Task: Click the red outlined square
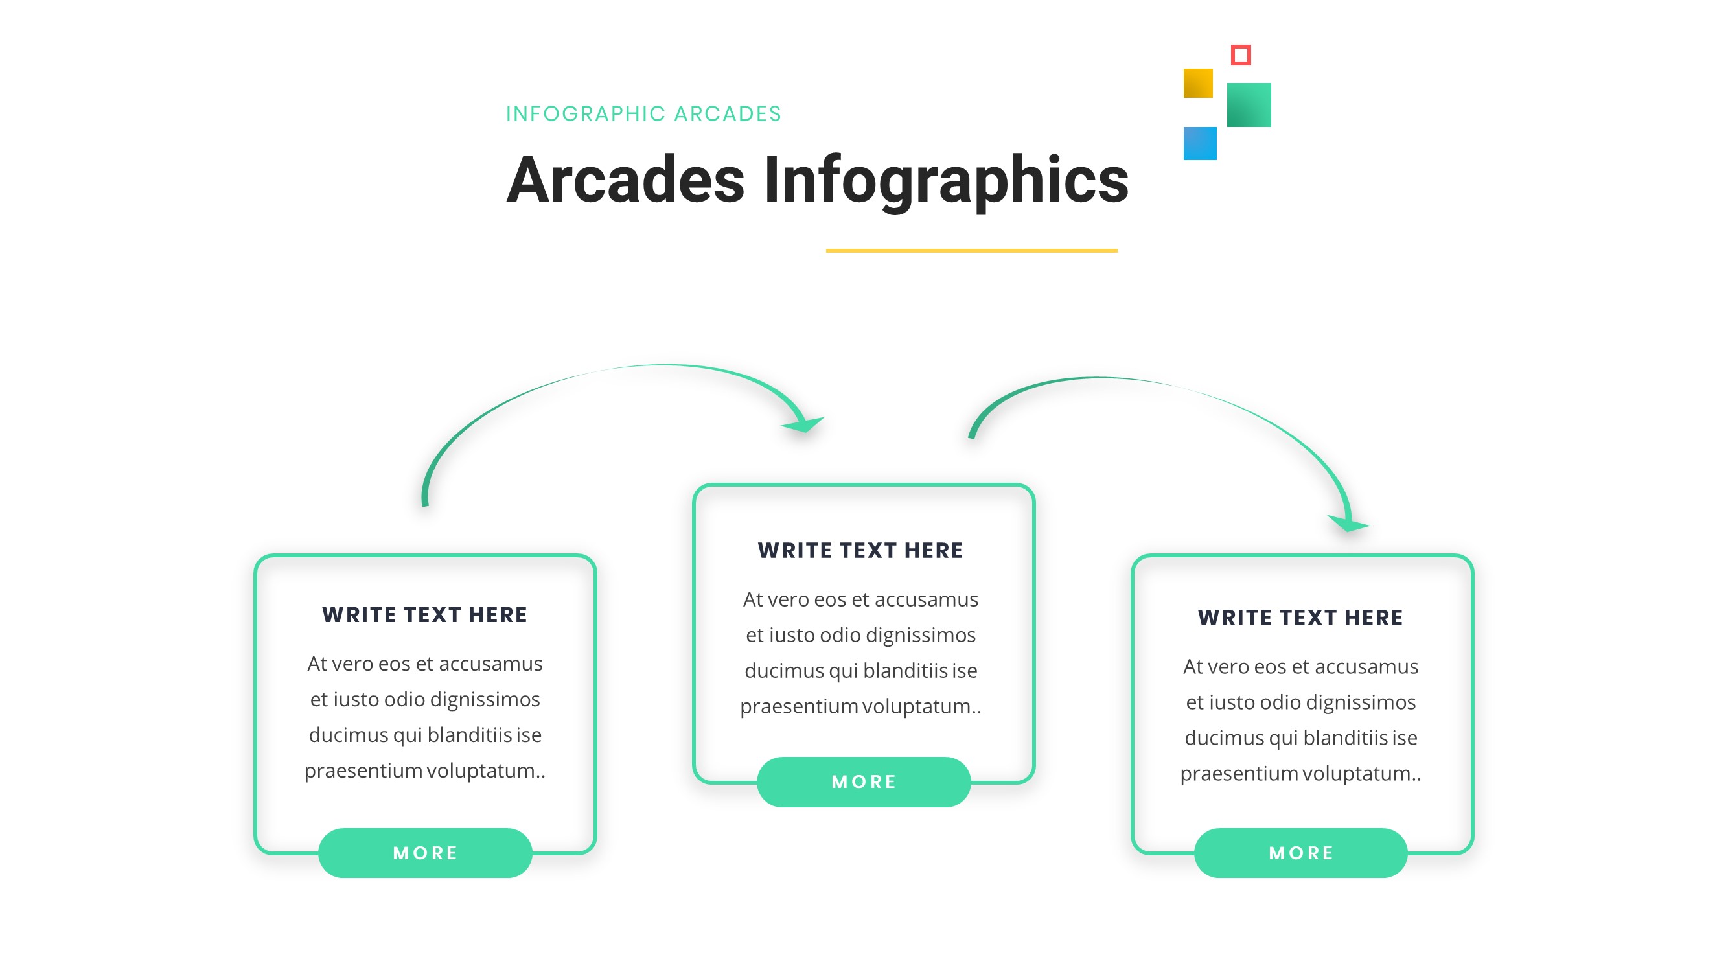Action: (1240, 55)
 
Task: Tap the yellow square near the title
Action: (1197, 83)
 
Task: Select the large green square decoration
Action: (1249, 104)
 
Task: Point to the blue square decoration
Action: (1199, 144)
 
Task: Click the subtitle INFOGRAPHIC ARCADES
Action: (643, 114)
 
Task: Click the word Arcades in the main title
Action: (625, 179)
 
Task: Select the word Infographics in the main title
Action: (946, 179)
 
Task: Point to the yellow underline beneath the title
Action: (971, 251)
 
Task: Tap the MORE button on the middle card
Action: (863, 781)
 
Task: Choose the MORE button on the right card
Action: (1300, 853)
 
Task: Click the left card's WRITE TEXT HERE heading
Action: (424, 614)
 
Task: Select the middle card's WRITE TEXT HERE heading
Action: (860, 550)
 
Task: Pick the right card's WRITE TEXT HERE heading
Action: (1300, 617)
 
